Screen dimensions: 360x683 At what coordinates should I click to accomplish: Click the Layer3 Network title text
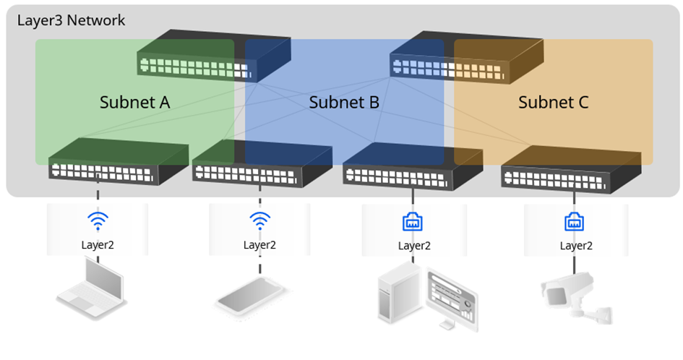71,20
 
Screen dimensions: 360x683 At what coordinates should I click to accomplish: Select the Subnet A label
134,103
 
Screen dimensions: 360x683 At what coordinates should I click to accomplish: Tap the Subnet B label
344,103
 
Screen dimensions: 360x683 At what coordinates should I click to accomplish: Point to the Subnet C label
553,103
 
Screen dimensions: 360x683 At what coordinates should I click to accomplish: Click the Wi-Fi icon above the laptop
98,220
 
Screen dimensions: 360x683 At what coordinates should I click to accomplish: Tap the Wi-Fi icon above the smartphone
259,220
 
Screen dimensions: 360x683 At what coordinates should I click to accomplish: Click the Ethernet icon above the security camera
575,223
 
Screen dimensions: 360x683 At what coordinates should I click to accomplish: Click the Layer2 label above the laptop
98,244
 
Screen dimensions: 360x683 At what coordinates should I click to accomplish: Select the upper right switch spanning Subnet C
463,58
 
